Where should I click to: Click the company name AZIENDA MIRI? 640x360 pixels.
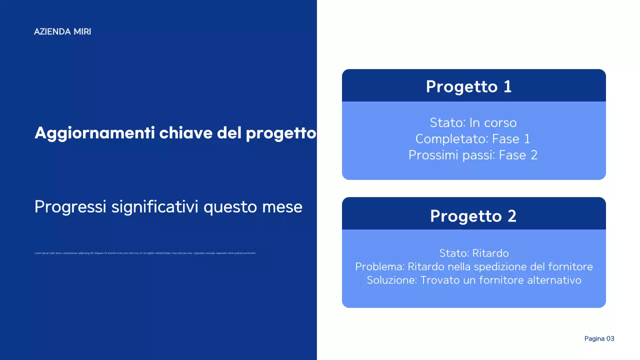click(62, 31)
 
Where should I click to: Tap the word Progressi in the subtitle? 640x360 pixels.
click(70, 207)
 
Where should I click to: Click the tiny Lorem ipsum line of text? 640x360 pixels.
click(145, 253)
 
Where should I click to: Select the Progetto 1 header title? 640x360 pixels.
click(468, 86)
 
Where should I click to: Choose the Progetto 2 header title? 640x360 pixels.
click(473, 216)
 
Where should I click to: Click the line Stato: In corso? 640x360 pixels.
click(473, 122)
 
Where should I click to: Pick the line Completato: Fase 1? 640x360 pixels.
click(472, 138)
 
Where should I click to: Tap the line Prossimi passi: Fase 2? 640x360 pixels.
click(472, 155)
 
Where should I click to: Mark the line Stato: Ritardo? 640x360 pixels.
click(473, 253)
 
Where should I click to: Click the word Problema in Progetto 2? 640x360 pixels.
click(379, 266)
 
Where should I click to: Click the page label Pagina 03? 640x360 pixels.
click(599, 338)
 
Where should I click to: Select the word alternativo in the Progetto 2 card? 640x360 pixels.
click(554, 280)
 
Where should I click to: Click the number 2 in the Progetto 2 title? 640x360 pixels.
click(511, 216)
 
